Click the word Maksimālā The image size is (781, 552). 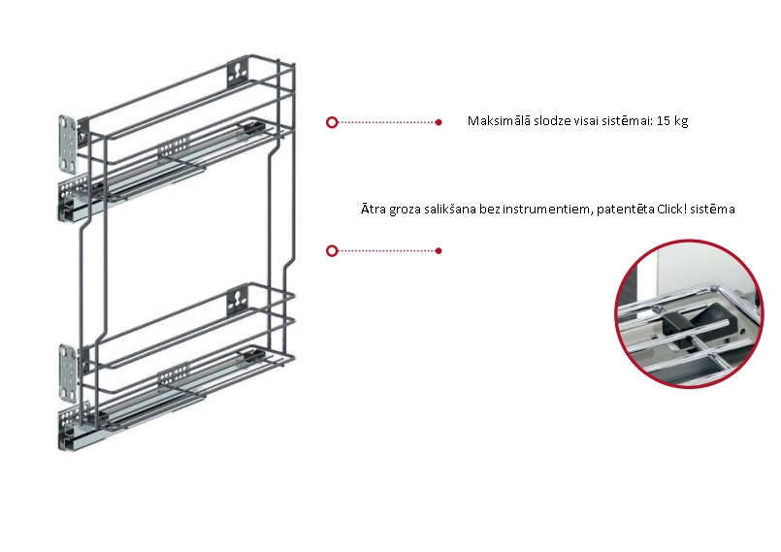[x=499, y=121]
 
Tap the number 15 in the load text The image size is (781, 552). [x=664, y=121]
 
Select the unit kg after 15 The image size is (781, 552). [x=681, y=122]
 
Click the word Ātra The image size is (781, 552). [x=374, y=209]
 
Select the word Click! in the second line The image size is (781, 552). [x=671, y=209]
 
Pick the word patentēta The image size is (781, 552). [x=626, y=209]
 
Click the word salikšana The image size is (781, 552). [x=450, y=209]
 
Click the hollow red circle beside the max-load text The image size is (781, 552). [x=332, y=122]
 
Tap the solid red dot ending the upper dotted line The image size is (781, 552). [x=439, y=122]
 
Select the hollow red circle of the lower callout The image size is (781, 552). [x=332, y=250]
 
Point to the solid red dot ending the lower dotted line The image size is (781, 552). [x=439, y=250]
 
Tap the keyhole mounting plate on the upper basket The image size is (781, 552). [x=238, y=71]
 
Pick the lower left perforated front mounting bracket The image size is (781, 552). [x=68, y=373]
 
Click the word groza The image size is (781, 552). [x=405, y=210]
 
